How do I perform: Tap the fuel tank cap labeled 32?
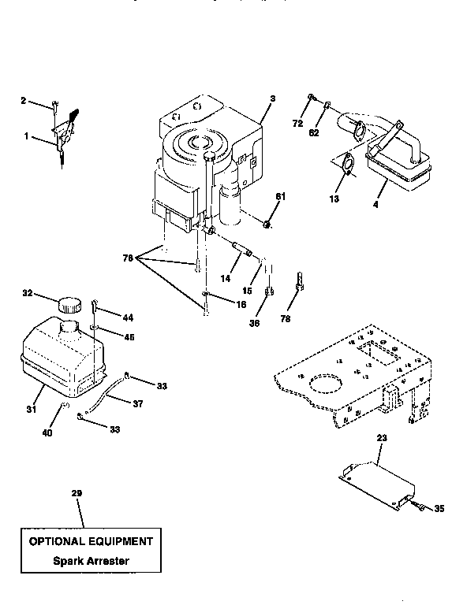[x=69, y=303]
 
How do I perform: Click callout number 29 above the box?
[x=77, y=494]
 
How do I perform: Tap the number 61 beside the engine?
[x=279, y=196]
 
